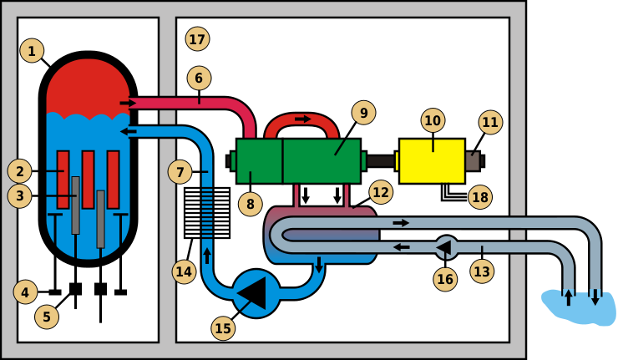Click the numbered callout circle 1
pyautogui.click(x=32, y=52)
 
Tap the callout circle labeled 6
pyautogui.click(x=199, y=79)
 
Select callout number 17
pyautogui.click(x=198, y=38)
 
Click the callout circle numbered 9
pyautogui.click(x=363, y=113)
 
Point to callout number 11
pyautogui.click(x=489, y=122)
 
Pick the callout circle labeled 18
pyautogui.click(x=479, y=197)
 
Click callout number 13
pyautogui.click(x=482, y=271)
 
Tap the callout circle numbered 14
pyautogui.click(x=185, y=271)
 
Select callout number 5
pyautogui.click(x=47, y=317)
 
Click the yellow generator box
pyautogui.click(x=432, y=160)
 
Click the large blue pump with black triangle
pyautogui.click(x=256, y=293)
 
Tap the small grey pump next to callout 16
pyautogui.click(x=445, y=247)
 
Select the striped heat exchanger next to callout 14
pyautogui.click(x=206, y=212)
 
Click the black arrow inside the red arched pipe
pyautogui.click(x=302, y=119)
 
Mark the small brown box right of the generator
pyautogui.click(x=473, y=160)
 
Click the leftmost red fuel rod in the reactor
pyautogui.click(x=63, y=179)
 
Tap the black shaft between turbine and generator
pyautogui.click(x=380, y=160)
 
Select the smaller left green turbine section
pyautogui.click(x=259, y=160)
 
